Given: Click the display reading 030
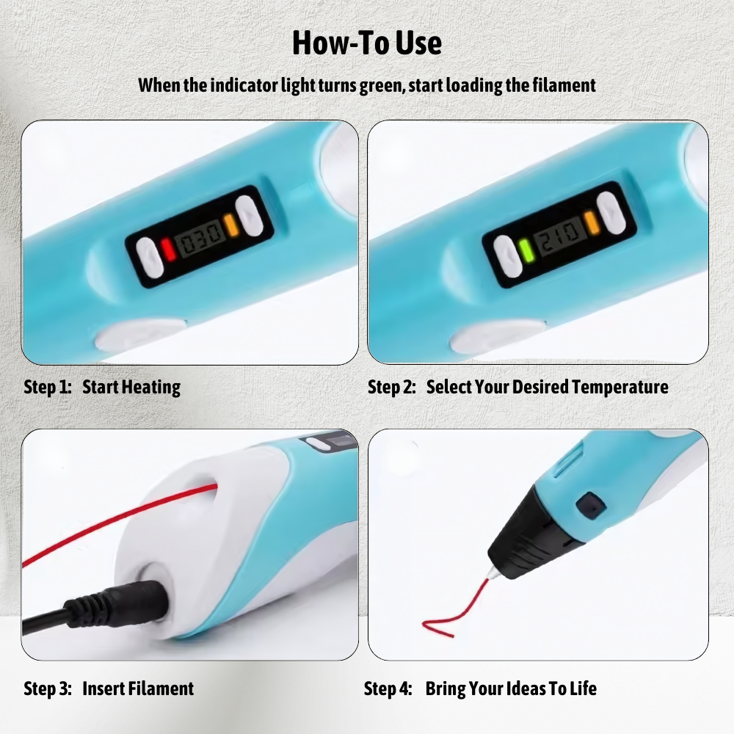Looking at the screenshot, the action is coord(198,239).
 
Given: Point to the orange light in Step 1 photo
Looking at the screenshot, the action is coord(230,225).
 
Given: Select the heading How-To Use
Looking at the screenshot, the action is coord(367,43).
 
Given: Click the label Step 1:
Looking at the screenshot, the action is coord(47,387).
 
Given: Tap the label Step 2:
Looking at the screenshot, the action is coord(392,387).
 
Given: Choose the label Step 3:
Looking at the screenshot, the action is coord(48,688).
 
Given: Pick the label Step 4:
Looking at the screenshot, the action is coord(388,688).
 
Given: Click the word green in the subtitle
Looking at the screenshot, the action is coord(382,86).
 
